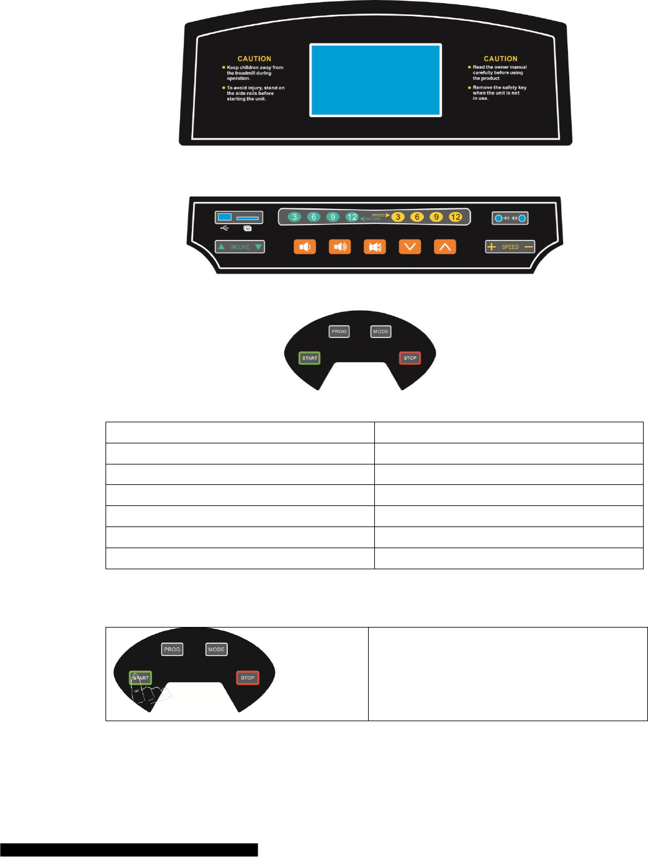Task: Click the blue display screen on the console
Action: tap(376, 80)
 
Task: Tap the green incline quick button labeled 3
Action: tap(295, 217)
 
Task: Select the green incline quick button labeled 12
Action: tap(352, 217)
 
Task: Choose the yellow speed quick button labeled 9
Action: tap(436, 217)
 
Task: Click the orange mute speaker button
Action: tap(374, 247)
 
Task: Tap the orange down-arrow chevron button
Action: tap(410, 247)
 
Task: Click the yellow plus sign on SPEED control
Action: tap(492, 247)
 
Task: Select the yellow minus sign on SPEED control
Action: tap(528, 247)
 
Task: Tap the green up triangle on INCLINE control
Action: tap(222, 247)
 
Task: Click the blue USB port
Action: tap(225, 217)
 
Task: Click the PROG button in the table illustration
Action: tap(172, 649)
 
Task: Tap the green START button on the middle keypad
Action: tap(310, 358)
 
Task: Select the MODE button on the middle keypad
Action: tap(380, 332)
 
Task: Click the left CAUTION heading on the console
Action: tap(254, 59)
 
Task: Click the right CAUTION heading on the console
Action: tap(500, 59)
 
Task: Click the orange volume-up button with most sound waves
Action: tap(340, 247)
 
